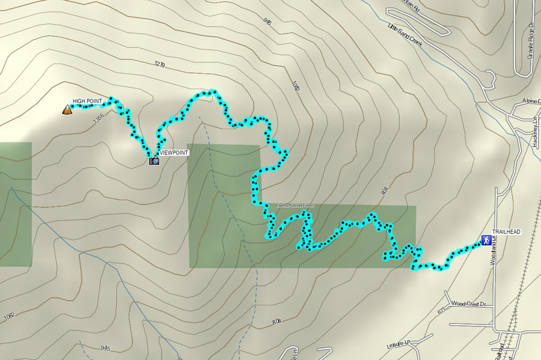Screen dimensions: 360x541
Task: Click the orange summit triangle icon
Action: (66, 109)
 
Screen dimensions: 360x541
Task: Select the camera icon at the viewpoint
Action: (154, 160)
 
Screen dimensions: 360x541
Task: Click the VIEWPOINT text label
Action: (174, 153)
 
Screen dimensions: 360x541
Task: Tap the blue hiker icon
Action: (485, 240)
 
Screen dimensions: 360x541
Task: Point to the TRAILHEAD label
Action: (506, 231)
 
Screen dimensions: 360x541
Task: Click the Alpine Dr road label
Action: (532, 100)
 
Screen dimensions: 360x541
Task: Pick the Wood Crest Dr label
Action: (468, 304)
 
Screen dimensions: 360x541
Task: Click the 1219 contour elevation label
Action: (159, 63)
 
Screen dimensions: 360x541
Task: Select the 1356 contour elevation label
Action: (99, 120)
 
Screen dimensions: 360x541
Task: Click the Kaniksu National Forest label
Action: (295, 206)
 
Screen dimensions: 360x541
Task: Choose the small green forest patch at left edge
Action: (15, 204)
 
